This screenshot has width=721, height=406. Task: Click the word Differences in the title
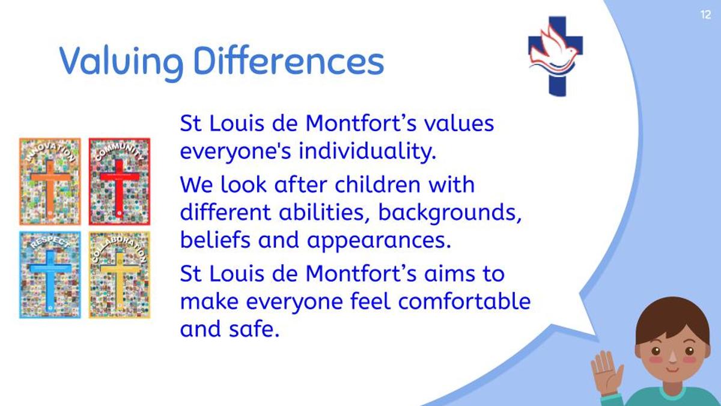point(289,61)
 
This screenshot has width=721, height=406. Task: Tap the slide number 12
point(705,15)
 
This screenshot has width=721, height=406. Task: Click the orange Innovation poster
point(50,182)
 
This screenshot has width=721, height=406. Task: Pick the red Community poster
point(120,182)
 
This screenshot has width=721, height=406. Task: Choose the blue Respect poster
point(50,275)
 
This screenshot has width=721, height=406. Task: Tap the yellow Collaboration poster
point(120,275)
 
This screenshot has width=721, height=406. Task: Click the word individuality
point(368,152)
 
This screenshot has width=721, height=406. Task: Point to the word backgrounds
point(449,213)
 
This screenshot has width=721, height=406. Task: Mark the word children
point(377,184)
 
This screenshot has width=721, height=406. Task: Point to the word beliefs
point(215,240)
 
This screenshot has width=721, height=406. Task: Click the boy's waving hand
point(607,373)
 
